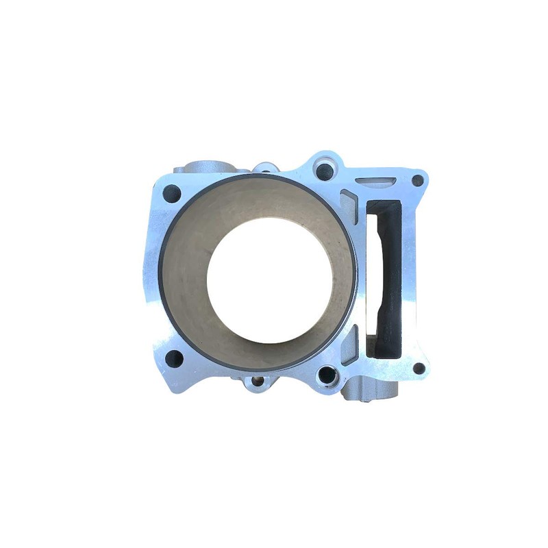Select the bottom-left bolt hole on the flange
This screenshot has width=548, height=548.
click(x=174, y=357)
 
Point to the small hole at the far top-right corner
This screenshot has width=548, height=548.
click(x=417, y=181)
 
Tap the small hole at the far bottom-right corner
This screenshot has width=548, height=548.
click(x=418, y=368)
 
